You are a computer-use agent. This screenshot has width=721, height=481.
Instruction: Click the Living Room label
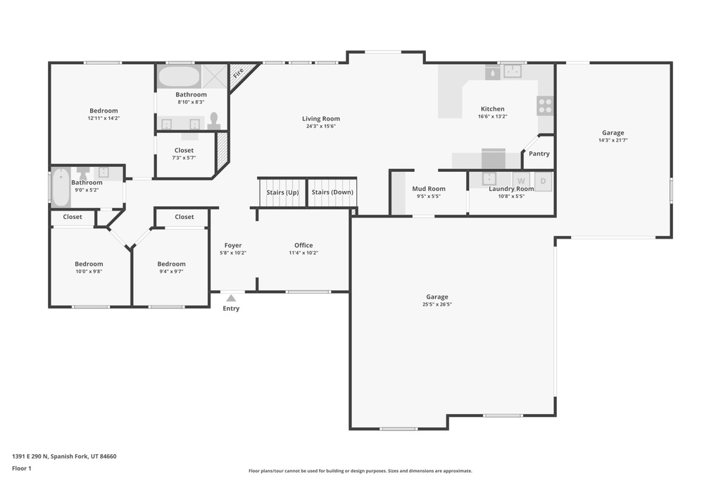point(321,119)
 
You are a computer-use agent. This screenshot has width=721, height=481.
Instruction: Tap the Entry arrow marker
point(231,298)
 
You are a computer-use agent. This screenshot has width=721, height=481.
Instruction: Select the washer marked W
point(521,181)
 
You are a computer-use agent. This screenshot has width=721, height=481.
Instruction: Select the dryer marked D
point(543,181)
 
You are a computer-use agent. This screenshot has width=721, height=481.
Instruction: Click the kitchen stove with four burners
point(546,106)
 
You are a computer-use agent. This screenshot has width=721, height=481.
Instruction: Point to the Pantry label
point(539,154)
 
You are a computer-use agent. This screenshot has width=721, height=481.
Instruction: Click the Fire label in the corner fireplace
point(238,72)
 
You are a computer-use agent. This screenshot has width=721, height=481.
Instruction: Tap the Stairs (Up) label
point(282,192)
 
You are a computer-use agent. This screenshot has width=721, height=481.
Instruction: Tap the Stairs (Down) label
point(332,192)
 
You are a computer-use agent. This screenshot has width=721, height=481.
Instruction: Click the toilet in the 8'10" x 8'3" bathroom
point(214,120)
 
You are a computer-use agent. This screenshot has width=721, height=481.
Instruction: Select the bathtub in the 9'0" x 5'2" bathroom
point(61,187)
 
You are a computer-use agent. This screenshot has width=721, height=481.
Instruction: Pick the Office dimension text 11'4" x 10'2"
point(303,253)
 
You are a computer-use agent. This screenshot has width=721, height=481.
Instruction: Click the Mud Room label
point(429,189)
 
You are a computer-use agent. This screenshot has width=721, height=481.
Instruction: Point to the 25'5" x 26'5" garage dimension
point(437,305)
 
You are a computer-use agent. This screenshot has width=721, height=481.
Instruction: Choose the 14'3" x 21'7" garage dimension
point(613,140)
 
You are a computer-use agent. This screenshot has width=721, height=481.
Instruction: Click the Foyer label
point(233,245)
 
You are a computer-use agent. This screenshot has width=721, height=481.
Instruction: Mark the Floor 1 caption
point(23,468)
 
